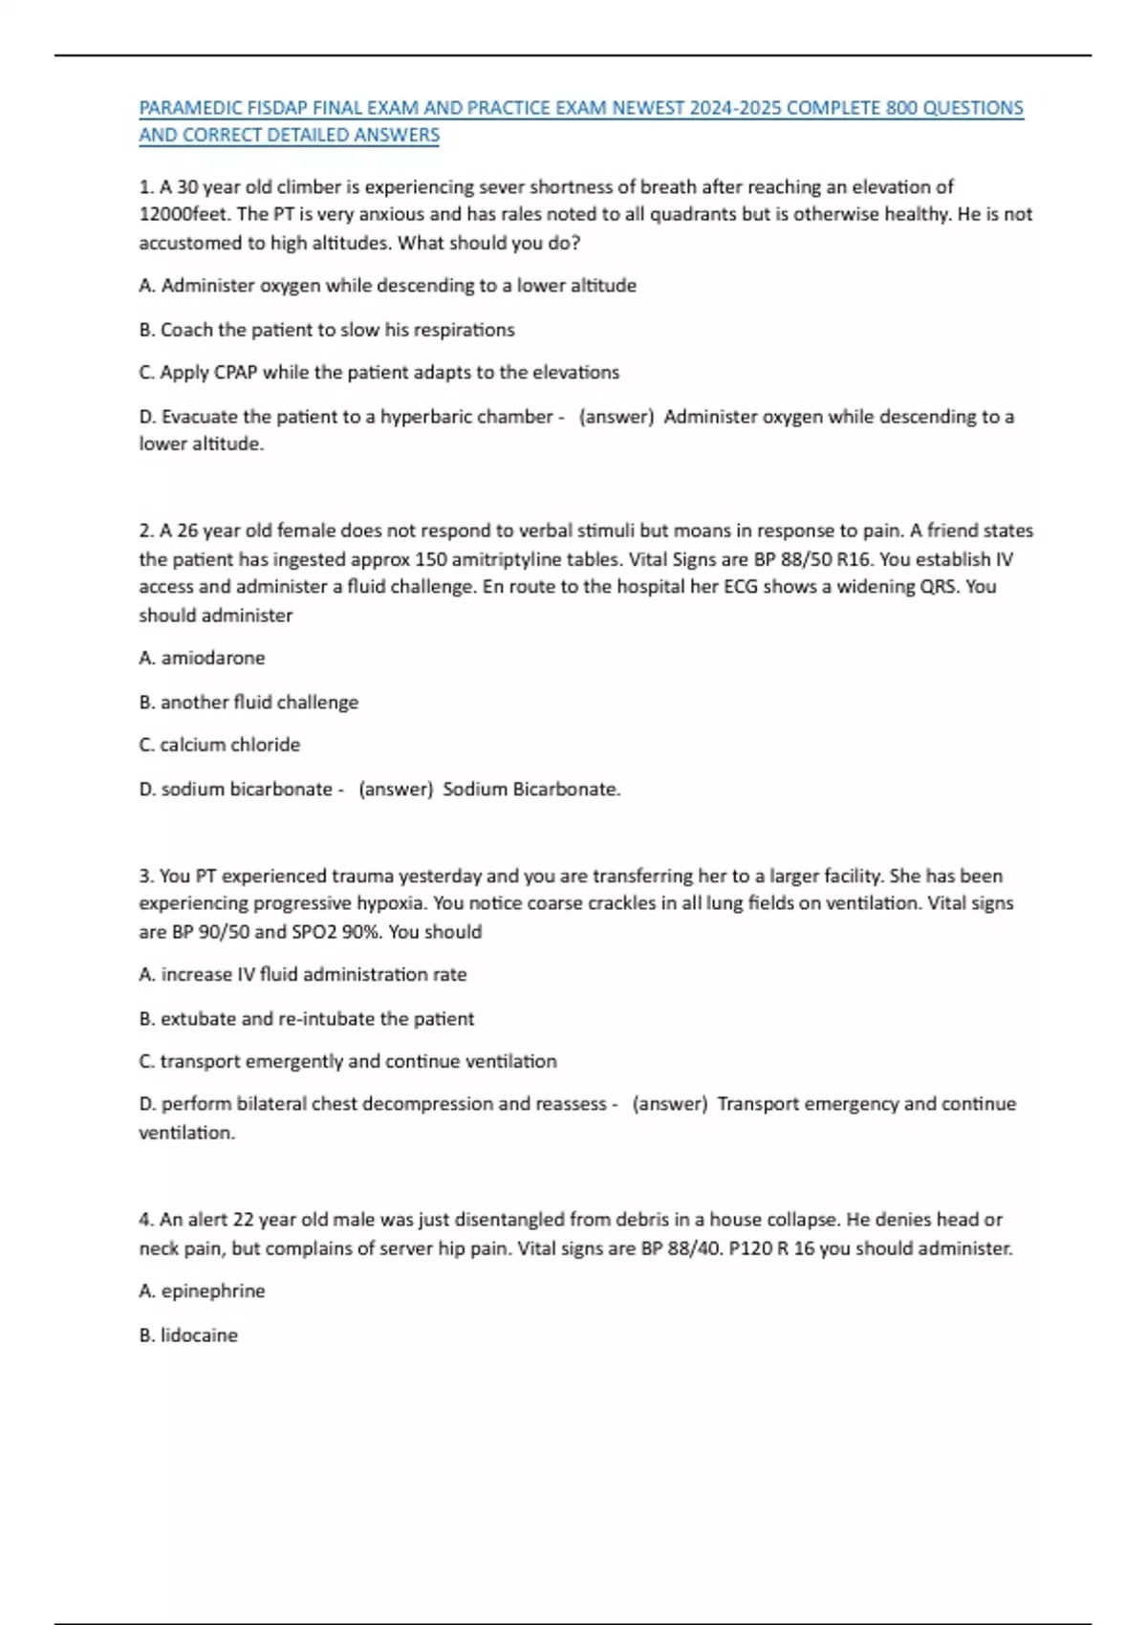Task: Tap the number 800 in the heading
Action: pyautogui.click(x=901, y=108)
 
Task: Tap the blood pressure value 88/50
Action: pyautogui.click(x=807, y=559)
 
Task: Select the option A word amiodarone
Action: pyautogui.click(x=213, y=658)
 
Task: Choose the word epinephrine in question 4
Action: pyautogui.click(x=213, y=1291)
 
